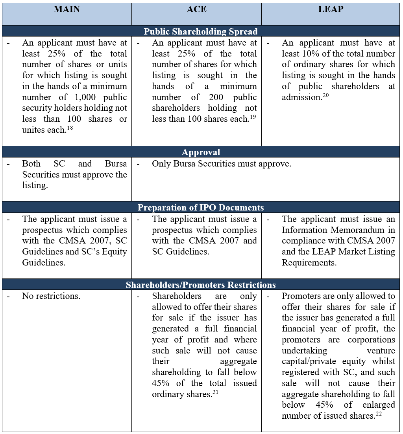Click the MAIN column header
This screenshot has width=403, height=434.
click(x=67, y=9)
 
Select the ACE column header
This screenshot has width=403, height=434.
click(x=196, y=9)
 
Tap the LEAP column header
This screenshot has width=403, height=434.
click(x=330, y=9)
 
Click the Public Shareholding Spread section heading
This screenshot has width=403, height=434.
click(x=201, y=31)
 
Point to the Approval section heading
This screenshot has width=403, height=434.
click(x=201, y=152)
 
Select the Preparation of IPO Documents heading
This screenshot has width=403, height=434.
click(x=201, y=207)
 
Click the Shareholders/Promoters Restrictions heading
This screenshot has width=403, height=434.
click(x=201, y=285)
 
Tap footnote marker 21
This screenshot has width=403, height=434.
click(x=216, y=392)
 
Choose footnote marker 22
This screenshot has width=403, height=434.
click(x=379, y=413)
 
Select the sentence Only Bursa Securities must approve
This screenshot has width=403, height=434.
click(x=222, y=164)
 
